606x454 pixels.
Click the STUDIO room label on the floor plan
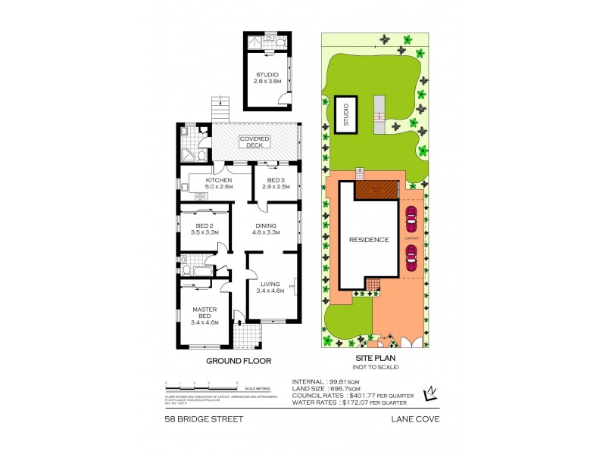(267, 77)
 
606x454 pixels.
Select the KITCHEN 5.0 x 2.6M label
(218, 183)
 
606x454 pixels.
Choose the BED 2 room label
(203, 229)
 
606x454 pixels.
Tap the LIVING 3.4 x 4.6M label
(270, 287)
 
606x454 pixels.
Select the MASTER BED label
(204, 314)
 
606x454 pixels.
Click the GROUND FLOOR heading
(239, 361)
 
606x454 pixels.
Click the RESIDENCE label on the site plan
(369, 240)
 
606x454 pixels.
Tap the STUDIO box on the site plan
(345, 117)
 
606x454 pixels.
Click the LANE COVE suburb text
(416, 418)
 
